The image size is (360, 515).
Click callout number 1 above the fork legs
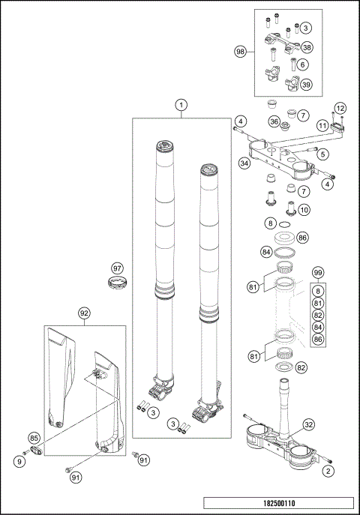click(181, 106)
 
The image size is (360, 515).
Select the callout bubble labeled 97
click(117, 268)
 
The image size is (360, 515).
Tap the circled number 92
click(84, 313)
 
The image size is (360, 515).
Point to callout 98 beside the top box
click(241, 52)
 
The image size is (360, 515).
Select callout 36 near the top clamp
click(274, 121)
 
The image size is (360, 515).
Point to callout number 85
click(34, 437)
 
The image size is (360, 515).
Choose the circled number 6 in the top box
click(302, 65)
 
